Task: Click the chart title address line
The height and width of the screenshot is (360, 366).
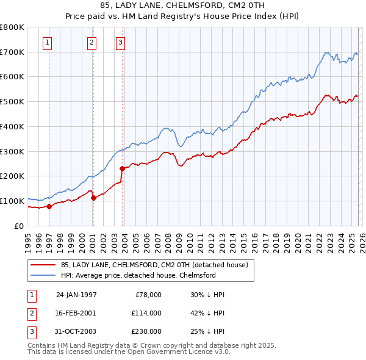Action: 182,6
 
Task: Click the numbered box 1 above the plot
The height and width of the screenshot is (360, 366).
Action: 48,42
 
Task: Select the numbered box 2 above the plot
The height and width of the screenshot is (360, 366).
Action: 91,42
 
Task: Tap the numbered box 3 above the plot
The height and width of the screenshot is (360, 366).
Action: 121,42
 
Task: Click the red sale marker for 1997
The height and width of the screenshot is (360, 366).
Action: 49,206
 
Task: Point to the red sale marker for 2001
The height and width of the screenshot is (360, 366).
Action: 93,197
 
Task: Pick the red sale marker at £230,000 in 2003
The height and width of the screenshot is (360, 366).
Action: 123,168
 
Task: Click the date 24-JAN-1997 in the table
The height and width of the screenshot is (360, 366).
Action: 76,294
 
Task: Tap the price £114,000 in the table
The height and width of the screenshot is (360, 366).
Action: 146,312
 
